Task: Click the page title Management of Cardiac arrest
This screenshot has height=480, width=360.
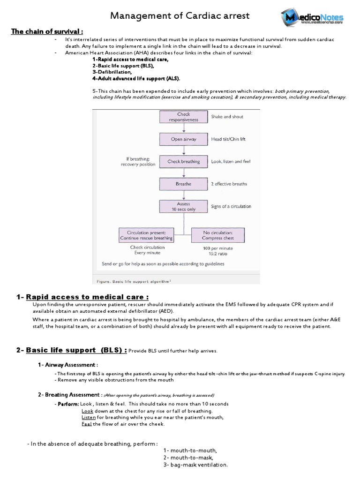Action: (x=180, y=16)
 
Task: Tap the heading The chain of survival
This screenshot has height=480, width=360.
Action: (x=47, y=31)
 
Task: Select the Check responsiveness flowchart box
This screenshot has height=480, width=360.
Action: (x=184, y=117)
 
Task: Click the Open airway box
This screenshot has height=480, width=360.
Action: (x=184, y=139)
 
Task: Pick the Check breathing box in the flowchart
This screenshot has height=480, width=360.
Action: (x=184, y=162)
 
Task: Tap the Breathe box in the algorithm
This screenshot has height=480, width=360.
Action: (x=184, y=184)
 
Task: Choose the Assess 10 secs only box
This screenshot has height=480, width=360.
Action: (x=184, y=207)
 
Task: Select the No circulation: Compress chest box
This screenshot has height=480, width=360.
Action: (x=218, y=235)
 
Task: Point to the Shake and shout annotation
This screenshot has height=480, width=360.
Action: (x=227, y=117)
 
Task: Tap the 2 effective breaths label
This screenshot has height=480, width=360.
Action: (x=229, y=184)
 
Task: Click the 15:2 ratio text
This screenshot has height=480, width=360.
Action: (x=217, y=254)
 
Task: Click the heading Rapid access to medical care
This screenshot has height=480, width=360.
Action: (x=88, y=297)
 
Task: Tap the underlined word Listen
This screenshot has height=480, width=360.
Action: (x=89, y=417)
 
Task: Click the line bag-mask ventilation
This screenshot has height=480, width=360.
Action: (x=195, y=465)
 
